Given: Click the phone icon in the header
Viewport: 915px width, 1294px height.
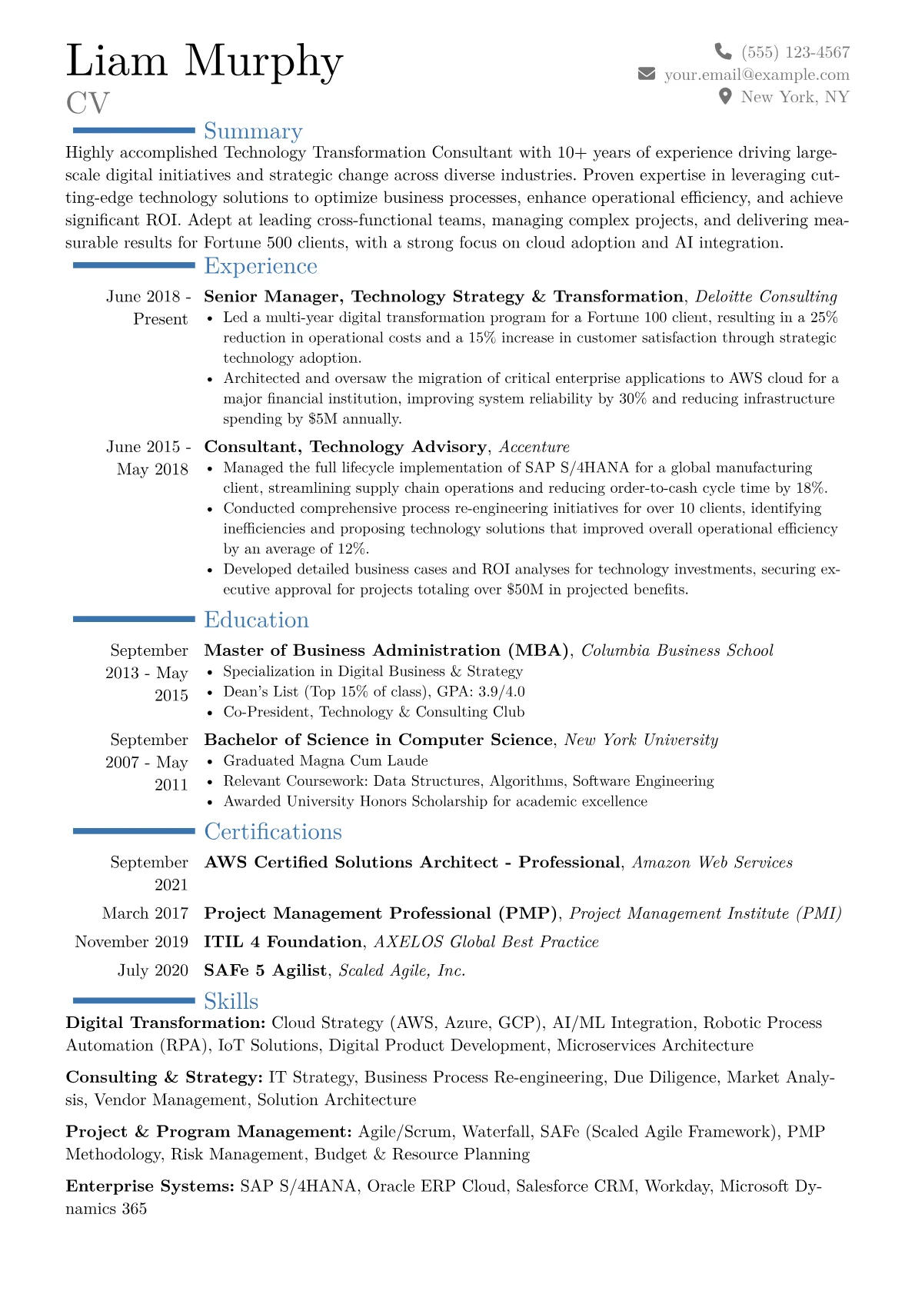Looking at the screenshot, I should tap(723, 52).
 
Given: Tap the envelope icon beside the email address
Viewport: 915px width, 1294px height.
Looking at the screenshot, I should tap(647, 74).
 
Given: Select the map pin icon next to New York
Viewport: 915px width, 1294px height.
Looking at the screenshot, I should tap(724, 96).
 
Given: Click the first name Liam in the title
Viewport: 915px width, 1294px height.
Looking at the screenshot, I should tap(117, 61).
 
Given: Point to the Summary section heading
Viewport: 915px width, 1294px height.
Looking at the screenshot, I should tap(253, 131).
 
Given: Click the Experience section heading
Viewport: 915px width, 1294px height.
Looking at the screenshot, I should tap(261, 266).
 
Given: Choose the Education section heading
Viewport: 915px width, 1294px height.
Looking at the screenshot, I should tap(256, 620).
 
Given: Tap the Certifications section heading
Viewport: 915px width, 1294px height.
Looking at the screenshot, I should tap(273, 832).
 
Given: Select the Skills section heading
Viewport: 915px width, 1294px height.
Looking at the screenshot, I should tap(231, 1001).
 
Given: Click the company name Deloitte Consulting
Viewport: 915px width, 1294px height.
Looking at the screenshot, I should tap(766, 297).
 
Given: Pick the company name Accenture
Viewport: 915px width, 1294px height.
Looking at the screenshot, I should tap(534, 447).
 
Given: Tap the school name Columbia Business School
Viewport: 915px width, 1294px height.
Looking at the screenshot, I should tap(677, 650).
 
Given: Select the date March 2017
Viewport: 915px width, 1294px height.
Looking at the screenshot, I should tap(145, 913).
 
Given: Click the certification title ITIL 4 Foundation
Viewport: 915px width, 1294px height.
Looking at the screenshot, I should tap(283, 942).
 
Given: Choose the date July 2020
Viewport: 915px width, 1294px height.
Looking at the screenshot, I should tap(153, 970).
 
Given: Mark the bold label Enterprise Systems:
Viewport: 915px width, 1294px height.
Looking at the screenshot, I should tap(150, 1186).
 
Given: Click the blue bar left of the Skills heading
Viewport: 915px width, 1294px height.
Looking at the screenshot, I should tap(134, 1000).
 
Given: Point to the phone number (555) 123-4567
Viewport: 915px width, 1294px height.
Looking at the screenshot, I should tap(795, 52).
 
